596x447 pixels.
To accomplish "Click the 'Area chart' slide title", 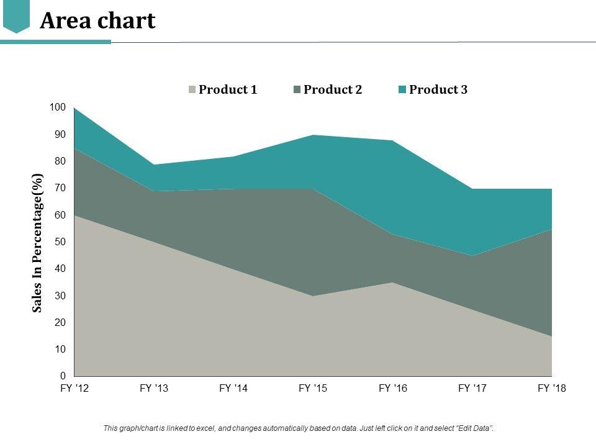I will click(x=97, y=20).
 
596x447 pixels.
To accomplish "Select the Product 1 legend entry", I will click(x=227, y=89).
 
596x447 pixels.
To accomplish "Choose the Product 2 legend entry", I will click(x=332, y=89).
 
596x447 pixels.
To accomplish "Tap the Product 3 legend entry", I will click(x=438, y=89).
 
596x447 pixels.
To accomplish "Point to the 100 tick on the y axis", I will click(x=58, y=107).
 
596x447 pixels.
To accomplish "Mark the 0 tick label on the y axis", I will click(x=63, y=376).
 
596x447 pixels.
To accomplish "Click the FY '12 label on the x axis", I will click(x=74, y=389).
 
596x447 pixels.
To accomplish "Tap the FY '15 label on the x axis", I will click(x=313, y=389).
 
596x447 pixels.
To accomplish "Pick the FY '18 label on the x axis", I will click(x=552, y=389).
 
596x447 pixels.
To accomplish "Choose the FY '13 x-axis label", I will click(x=154, y=389).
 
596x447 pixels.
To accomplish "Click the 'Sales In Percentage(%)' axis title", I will click(x=38, y=243).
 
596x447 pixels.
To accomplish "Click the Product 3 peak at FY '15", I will click(x=313, y=135).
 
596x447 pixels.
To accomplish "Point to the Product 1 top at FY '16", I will click(x=392, y=282).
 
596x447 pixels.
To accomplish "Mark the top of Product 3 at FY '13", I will click(x=154, y=165).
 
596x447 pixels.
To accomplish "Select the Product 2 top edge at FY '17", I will click(x=472, y=255).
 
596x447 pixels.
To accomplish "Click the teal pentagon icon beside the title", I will click(x=16, y=17).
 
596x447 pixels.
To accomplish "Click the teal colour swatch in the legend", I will click(x=402, y=90).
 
